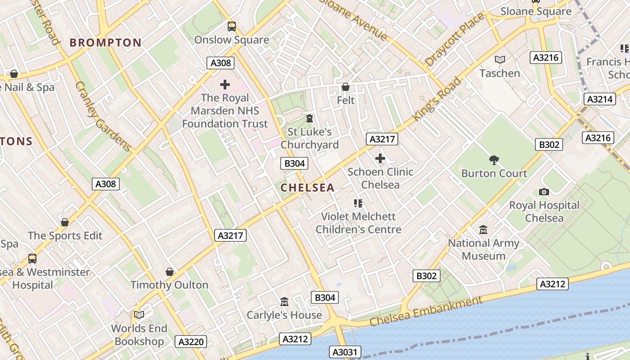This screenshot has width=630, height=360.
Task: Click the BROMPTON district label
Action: tap(106, 43)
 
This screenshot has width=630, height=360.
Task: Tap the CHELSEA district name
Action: tap(308, 188)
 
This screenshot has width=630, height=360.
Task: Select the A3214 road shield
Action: tap(599, 99)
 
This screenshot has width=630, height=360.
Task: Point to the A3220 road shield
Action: tap(191, 342)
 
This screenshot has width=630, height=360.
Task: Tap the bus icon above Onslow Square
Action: tap(232, 27)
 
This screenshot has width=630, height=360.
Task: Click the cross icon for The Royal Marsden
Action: tap(225, 85)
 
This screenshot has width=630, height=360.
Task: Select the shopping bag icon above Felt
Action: tap(346, 87)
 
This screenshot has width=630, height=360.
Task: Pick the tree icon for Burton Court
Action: tap(494, 160)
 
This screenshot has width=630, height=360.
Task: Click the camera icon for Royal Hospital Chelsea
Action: tap(544, 192)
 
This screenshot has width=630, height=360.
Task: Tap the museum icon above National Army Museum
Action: tap(483, 230)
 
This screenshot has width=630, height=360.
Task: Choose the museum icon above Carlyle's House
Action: tap(284, 301)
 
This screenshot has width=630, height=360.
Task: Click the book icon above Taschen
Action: tap(499, 59)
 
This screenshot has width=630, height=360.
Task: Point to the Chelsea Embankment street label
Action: tap(426, 311)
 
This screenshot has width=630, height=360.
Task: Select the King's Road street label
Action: tap(437, 99)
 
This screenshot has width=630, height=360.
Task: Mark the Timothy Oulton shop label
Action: tap(169, 285)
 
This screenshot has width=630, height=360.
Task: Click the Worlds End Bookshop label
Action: tap(139, 335)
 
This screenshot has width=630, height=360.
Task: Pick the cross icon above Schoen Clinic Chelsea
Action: tap(380, 158)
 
